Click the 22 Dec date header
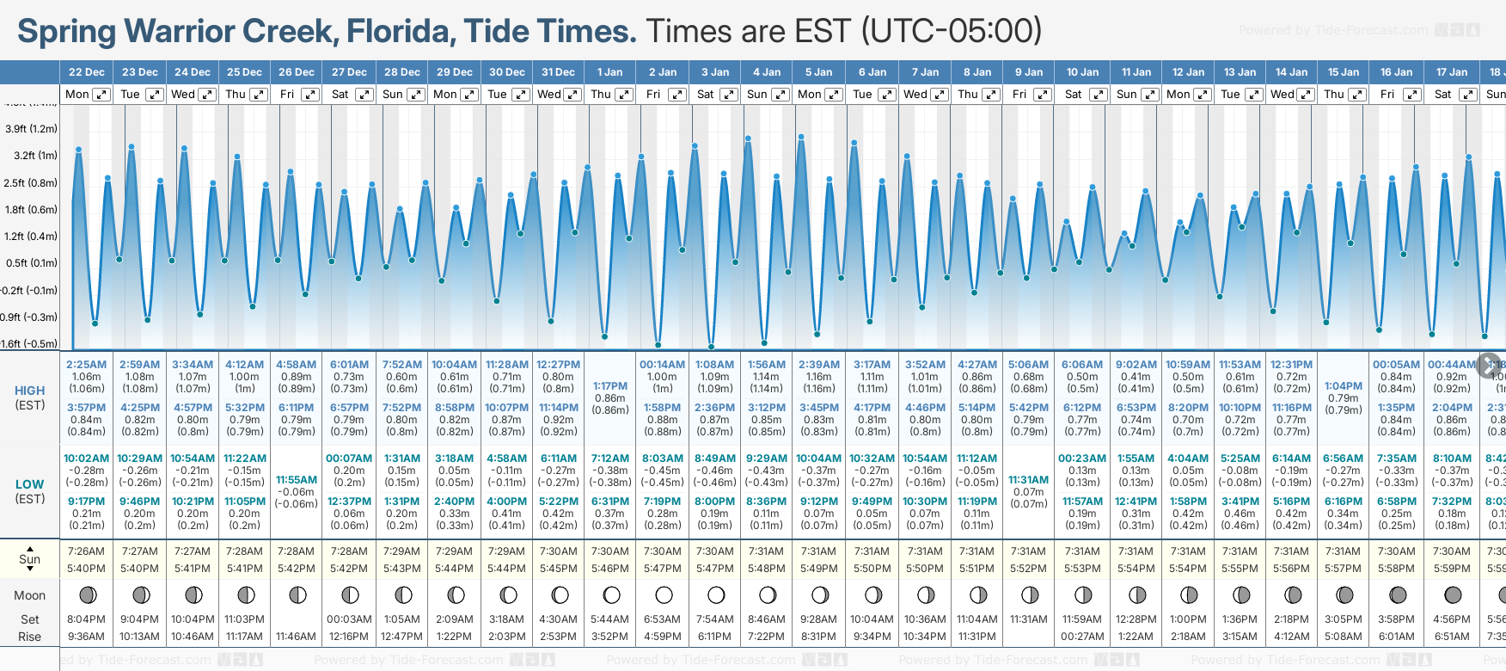(86, 72)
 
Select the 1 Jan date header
(610, 72)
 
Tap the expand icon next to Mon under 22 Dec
(101, 95)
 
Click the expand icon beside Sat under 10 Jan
(1098, 95)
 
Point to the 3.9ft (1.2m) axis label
(31, 129)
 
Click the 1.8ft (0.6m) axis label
(31, 209)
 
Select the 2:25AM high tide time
(86, 365)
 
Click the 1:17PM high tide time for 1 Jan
(610, 386)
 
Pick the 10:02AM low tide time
(86, 459)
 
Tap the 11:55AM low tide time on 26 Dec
(297, 480)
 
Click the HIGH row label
(29, 391)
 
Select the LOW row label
(29, 485)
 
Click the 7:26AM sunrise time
(86, 551)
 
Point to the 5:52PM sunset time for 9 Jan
(1028, 569)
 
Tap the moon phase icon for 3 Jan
(715, 594)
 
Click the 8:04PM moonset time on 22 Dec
(86, 619)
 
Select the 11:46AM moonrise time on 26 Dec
(297, 637)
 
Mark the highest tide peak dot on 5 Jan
(801, 137)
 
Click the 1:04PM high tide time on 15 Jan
(1344, 386)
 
